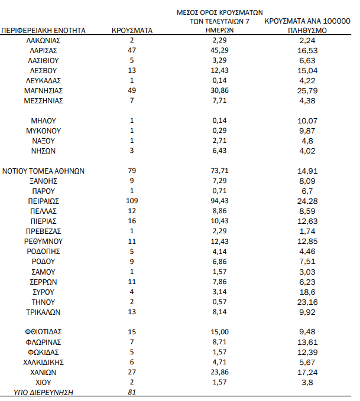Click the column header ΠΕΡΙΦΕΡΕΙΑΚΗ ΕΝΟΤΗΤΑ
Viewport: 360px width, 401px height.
pos(44,30)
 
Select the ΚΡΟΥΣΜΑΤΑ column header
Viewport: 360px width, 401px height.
pos(132,30)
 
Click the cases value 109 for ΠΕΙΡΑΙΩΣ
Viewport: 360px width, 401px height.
pos(132,201)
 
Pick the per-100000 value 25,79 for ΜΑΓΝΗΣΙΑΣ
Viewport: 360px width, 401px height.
pos(307,90)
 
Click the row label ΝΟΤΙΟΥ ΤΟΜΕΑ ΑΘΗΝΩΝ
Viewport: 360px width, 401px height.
pos(44,171)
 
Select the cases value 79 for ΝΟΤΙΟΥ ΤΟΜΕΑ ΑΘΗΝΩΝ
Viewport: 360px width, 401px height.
pos(132,171)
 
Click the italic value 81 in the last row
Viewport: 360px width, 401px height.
pos(132,392)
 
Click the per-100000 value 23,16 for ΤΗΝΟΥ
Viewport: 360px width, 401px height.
pos(307,302)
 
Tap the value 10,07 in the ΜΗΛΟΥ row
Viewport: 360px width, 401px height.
pos(307,120)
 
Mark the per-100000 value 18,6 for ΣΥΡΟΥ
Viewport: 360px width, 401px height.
pos(307,292)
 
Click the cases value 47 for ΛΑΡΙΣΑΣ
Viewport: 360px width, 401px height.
pos(132,50)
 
